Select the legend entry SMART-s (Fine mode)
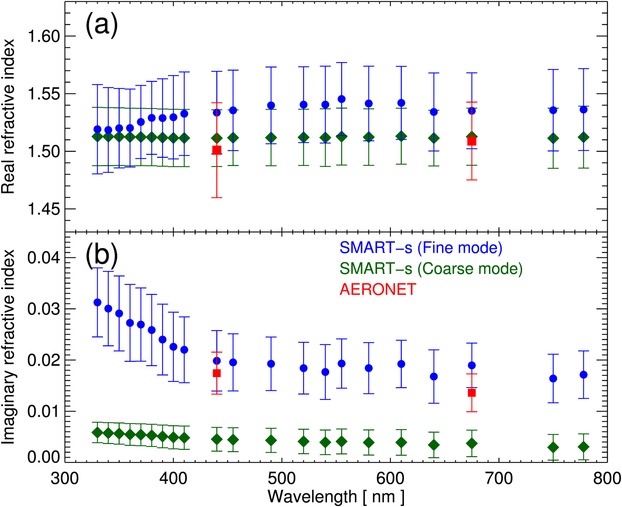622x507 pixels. [421, 248]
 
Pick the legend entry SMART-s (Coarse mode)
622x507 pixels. [431, 268]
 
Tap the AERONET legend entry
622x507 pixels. [378, 289]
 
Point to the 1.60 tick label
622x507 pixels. [43, 36]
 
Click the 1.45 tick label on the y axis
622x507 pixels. [43, 209]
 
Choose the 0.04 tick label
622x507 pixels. [43, 258]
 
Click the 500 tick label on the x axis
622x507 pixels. [282, 478]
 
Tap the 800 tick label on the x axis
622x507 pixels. [607, 478]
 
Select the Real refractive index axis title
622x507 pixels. [9, 116]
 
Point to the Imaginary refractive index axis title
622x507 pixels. [9, 347]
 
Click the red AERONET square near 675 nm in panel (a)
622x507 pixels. [472, 141]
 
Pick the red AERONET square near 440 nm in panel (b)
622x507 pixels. [216, 373]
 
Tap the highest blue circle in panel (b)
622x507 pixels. [98, 302]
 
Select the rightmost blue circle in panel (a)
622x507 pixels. [584, 110]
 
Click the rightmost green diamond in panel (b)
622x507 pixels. [584, 447]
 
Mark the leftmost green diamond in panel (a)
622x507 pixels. [97, 137]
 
